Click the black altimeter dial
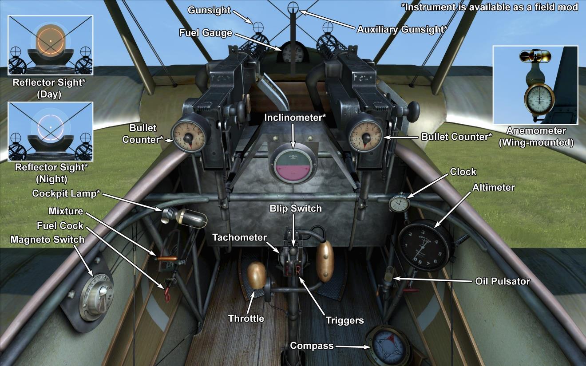(426, 245)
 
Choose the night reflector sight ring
(50, 127)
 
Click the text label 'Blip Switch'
(295, 208)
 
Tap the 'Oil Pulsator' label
(503, 281)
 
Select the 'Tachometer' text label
(239, 237)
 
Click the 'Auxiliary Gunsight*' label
(402, 29)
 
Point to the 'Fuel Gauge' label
(206, 32)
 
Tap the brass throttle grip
(257, 275)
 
